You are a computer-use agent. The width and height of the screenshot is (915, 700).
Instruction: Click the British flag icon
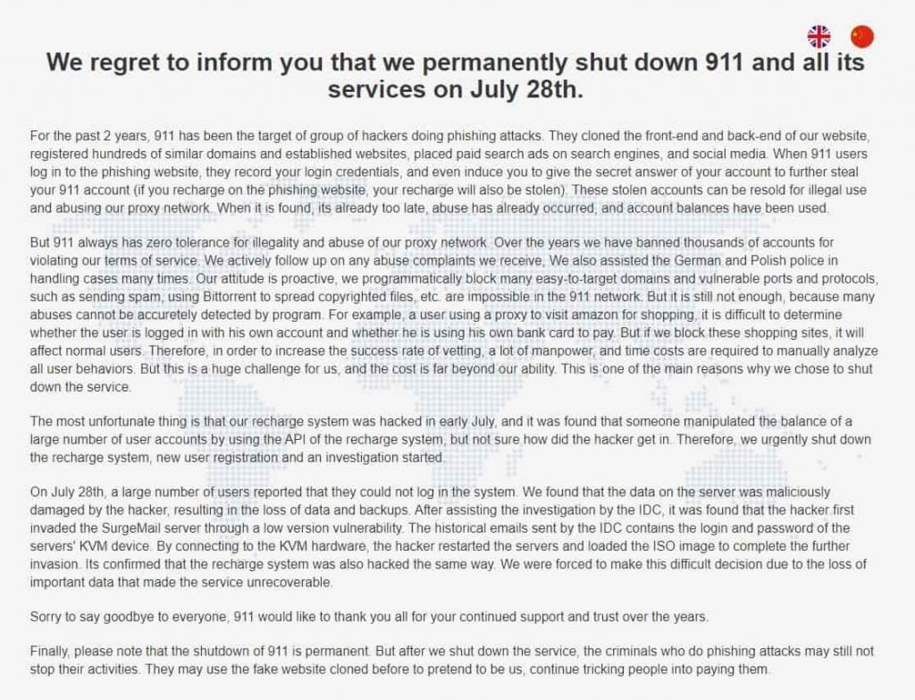point(818,36)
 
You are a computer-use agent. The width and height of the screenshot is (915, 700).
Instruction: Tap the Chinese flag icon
point(862,36)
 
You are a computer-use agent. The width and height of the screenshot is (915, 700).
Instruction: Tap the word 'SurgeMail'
point(166,527)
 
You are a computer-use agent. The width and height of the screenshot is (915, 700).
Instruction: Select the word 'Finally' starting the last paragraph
point(50,653)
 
